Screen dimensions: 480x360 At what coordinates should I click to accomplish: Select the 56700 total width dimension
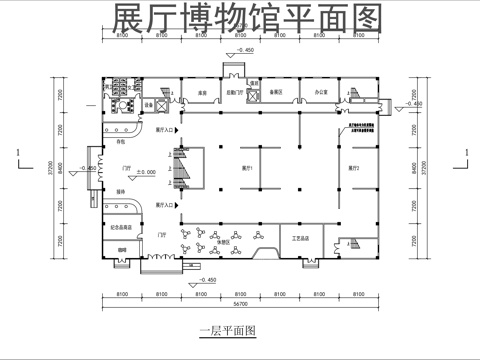240,302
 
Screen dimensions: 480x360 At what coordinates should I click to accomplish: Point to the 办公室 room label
322,91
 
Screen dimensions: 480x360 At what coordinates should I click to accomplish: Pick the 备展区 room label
276,92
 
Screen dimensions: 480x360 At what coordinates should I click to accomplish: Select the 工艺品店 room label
300,239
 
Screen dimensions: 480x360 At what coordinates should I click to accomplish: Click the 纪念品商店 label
123,228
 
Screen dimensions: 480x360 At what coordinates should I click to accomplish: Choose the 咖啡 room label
121,248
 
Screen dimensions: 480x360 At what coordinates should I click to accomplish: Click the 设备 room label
148,103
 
